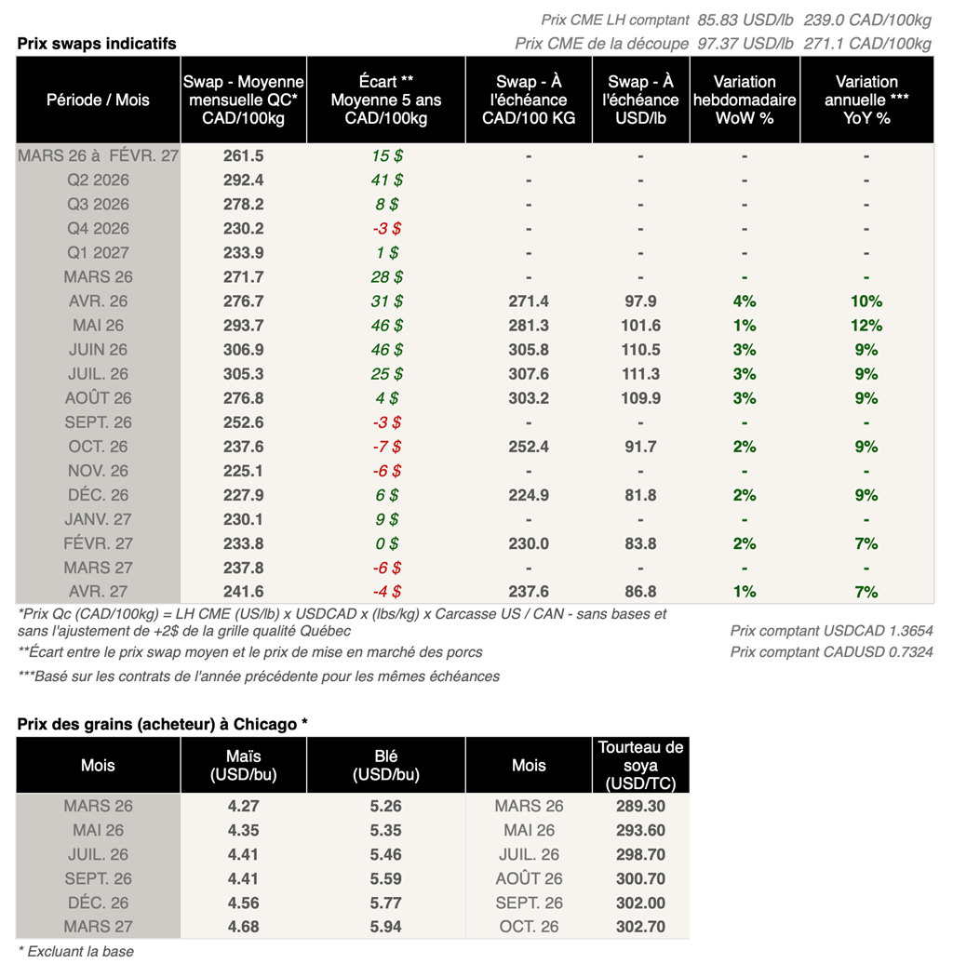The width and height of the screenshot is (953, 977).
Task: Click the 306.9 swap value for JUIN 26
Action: tap(243, 350)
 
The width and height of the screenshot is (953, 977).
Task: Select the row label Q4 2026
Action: tap(98, 229)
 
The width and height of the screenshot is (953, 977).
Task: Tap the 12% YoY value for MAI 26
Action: tap(866, 326)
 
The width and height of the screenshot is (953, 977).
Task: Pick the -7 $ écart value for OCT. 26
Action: tap(385, 447)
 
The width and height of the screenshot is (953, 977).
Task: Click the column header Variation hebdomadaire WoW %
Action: tap(745, 100)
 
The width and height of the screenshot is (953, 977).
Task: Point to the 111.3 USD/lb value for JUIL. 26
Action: tap(640, 374)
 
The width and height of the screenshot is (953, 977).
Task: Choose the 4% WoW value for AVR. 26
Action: tap(745, 301)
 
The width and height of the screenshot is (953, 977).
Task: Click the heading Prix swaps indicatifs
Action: tap(97, 44)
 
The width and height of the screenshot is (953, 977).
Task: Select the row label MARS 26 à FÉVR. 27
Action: tap(98, 156)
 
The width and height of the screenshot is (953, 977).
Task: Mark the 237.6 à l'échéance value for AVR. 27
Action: tap(528, 592)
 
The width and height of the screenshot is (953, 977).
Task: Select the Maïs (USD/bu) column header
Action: tap(243, 766)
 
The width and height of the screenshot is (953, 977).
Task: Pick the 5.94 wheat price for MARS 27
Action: tap(385, 927)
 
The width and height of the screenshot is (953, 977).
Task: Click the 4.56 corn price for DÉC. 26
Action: tap(243, 903)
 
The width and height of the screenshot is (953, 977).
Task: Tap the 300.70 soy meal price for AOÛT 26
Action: tap(640, 878)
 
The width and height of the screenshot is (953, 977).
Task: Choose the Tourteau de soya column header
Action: tap(640, 765)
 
